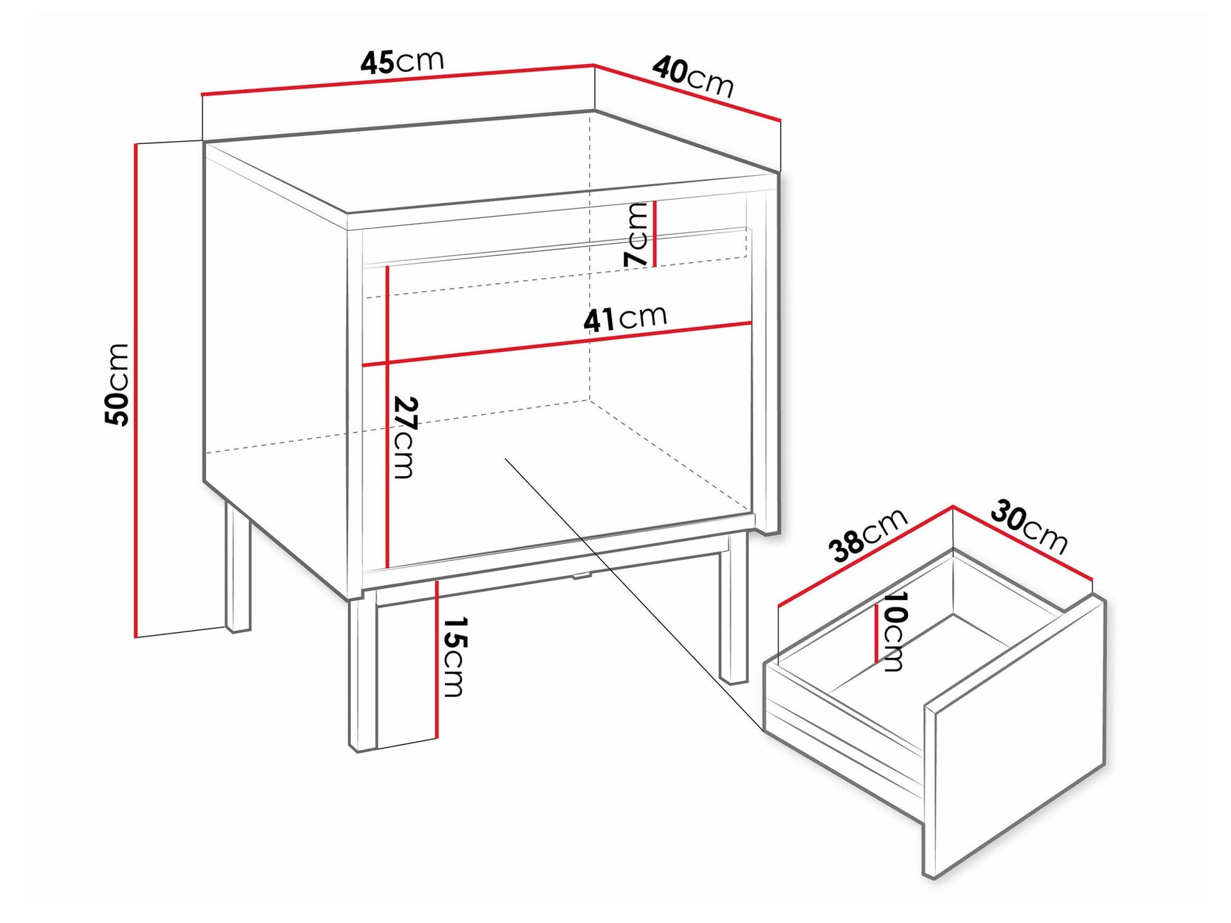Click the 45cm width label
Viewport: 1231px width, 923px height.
coord(402,61)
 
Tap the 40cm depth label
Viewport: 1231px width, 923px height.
coord(693,77)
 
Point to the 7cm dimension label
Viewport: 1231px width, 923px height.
coord(636,234)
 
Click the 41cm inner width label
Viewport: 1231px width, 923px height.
coord(625,318)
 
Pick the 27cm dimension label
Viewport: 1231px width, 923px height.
coord(404,437)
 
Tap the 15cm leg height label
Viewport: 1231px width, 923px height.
coord(454,656)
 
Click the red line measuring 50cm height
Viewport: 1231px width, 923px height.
coord(135,389)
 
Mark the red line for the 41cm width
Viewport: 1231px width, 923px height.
coord(556,345)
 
